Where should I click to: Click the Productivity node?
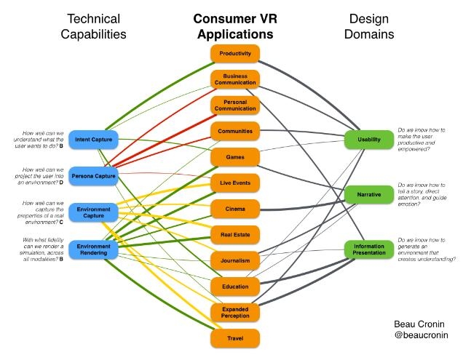click(x=235, y=54)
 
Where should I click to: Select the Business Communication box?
click(x=235, y=79)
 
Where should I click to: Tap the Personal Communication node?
click(x=235, y=105)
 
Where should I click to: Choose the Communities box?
click(x=235, y=131)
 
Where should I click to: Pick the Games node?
click(x=235, y=156)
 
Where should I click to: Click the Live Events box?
click(x=235, y=183)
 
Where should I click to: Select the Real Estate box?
click(x=235, y=234)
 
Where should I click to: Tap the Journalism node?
click(x=235, y=260)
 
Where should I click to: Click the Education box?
click(x=235, y=286)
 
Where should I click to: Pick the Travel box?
click(x=235, y=337)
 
